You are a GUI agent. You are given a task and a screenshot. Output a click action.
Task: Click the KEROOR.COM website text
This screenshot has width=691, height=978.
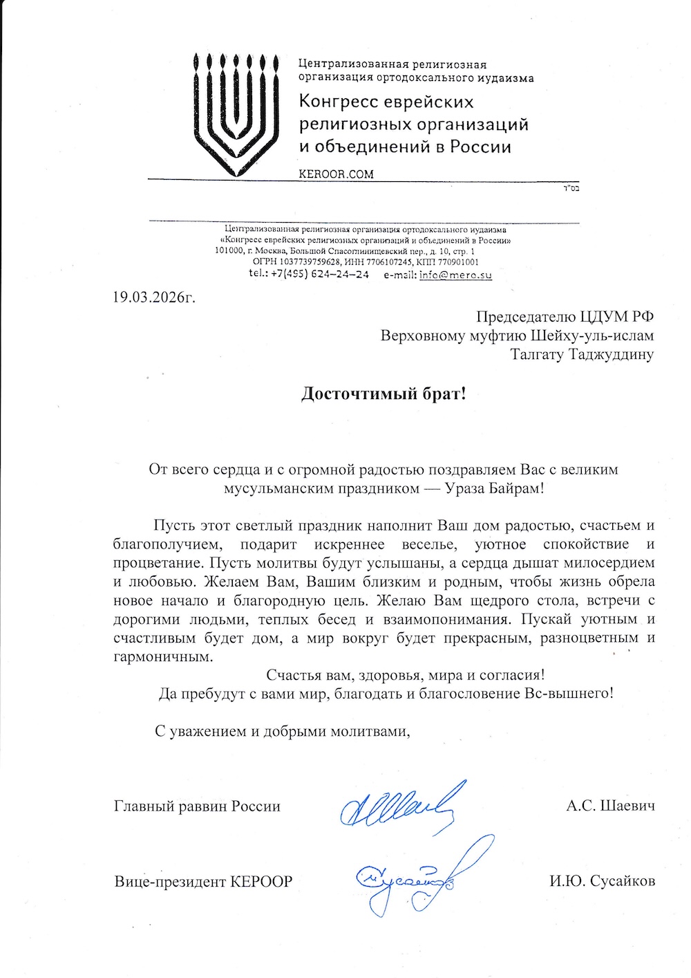point(336,174)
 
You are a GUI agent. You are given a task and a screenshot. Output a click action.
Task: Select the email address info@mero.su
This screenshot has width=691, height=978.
point(455,274)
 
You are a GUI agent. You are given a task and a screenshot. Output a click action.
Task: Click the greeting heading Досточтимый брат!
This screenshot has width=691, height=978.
point(384,394)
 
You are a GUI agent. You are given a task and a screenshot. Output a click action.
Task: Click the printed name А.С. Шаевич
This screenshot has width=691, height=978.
point(610,806)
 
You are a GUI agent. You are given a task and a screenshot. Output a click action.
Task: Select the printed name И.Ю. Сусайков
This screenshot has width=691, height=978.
point(602,881)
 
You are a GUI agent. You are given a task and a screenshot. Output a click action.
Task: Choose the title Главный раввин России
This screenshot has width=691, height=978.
point(197,806)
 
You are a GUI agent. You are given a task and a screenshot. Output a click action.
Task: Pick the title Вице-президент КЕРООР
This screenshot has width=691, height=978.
point(203,881)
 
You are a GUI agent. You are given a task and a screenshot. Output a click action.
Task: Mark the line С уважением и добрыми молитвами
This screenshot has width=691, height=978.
point(282,731)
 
